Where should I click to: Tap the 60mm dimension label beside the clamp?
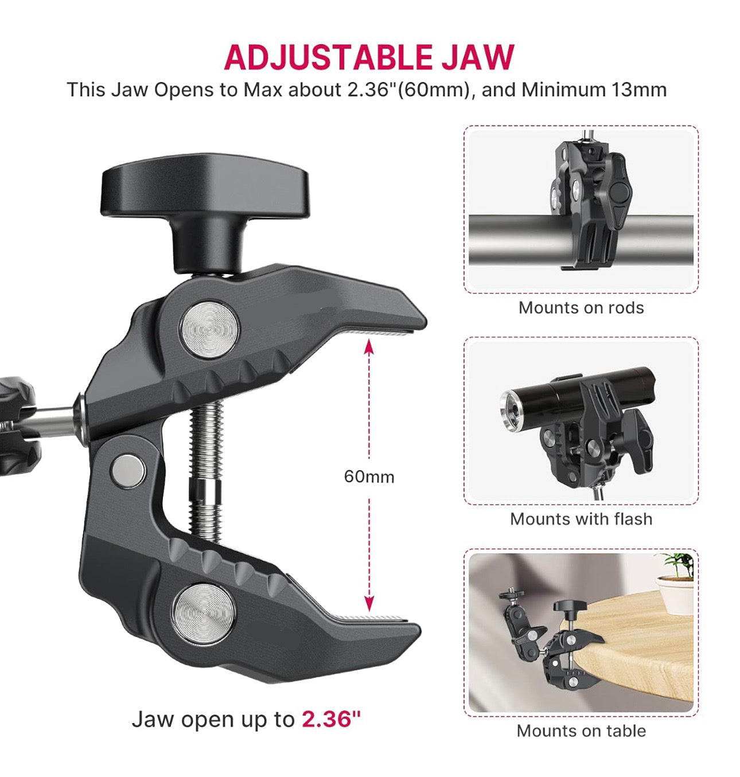(x=369, y=477)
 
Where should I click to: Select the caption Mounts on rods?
(x=581, y=308)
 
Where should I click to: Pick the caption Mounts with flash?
(x=581, y=520)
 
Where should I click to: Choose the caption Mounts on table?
(x=581, y=731)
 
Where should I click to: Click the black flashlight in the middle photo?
(x=579, y=396)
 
